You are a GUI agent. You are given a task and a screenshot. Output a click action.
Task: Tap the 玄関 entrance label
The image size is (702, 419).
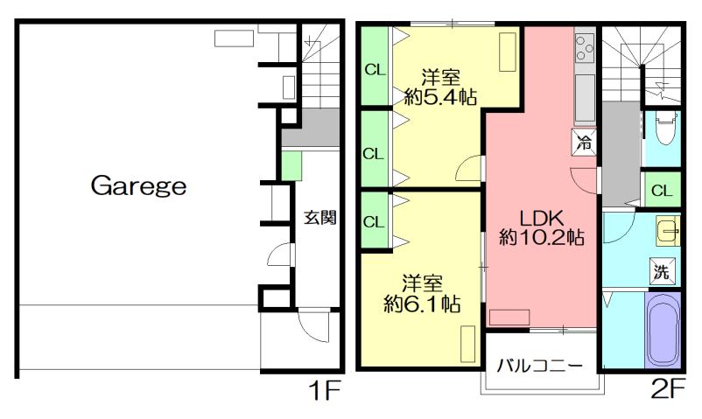coord(320,218)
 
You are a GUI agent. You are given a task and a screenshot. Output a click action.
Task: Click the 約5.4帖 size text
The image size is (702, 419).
coord(440,97)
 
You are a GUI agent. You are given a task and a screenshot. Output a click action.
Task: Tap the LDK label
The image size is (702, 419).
coord(542,216)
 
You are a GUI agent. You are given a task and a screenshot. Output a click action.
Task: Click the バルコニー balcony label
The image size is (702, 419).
coord(540,365)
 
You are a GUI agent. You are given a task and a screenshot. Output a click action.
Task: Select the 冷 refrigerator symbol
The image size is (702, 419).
coord(584,142)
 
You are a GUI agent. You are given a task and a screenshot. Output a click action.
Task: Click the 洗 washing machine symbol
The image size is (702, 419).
coord(663,271)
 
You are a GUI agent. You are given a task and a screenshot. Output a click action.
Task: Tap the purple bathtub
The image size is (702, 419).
coord(662,330)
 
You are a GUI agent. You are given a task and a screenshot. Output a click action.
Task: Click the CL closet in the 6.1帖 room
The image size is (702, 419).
coord(374,221)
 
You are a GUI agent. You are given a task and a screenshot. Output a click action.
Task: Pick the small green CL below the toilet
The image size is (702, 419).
coord(662,190)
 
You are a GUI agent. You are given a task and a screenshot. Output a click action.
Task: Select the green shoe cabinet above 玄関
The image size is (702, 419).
coord(291,164)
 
